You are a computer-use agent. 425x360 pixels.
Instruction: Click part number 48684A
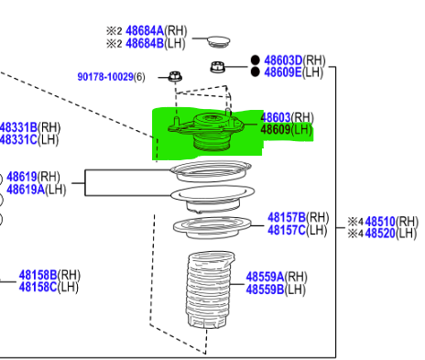tap(145, 31)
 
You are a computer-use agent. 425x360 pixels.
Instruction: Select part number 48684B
tap(145, 43)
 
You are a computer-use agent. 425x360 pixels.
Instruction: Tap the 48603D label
tap(283, 60)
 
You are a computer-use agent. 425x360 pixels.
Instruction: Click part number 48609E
tap(283, 72)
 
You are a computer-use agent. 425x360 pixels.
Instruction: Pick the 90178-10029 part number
tap(105, 77)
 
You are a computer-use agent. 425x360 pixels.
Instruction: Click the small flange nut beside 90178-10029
tap(175, 76)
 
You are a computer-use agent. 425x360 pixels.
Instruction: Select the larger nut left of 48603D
tap(218, 67)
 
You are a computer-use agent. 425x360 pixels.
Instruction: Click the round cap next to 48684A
tap(219, 41)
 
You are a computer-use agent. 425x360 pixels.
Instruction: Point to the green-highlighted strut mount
tap(206, 130)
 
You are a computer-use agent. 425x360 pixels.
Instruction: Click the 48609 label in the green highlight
tap(276, 129)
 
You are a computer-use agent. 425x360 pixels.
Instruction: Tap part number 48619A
tap(26, 190)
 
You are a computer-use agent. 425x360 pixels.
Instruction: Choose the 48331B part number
tap(18, 127)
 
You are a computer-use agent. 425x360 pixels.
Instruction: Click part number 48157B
tap(287, 218)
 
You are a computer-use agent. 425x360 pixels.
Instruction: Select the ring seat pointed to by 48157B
tap(212, 228)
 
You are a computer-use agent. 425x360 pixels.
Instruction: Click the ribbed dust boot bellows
tap(210, 289)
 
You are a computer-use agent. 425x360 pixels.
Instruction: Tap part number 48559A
tap(265, 277)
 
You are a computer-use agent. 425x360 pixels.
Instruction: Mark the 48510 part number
tap(380, 222)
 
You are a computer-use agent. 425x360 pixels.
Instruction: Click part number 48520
tap(380, 234)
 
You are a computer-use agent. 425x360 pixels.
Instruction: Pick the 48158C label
tap(38, 287)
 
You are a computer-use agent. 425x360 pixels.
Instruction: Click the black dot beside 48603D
tap(256, 60)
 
